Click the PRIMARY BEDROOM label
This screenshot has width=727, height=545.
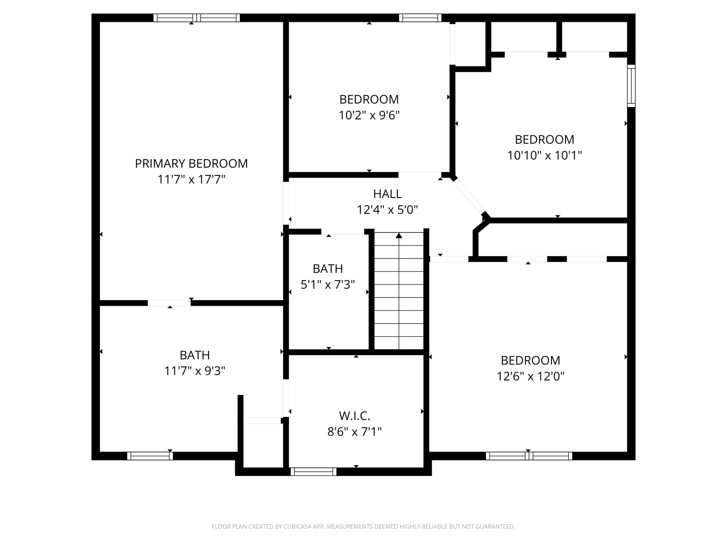tap(191, 163)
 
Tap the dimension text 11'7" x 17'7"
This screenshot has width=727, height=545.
tap(191, 179)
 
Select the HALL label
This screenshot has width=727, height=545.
tap(387, 194)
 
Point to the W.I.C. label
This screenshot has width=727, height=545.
tap(355, 416)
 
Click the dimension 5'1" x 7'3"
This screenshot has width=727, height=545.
tap(328, 284)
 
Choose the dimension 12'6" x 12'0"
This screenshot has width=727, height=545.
tap(530, 376)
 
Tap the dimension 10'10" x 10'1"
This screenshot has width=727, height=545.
tap(545, 155)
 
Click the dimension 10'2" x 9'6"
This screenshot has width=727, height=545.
tap(369, 115)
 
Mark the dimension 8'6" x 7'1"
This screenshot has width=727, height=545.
tap(355, 432)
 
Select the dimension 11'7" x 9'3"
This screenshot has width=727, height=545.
tap(195, 371)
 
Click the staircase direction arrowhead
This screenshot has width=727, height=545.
tap(399, 235)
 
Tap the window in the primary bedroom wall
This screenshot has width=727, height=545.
tap(197, 18)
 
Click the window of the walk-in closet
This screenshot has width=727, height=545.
tap(314, 472)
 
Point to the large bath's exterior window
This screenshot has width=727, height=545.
tap(150, 456)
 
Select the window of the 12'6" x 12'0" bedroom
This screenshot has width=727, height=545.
tap(529, 456)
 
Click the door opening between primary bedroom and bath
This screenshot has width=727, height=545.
tap(169, 303)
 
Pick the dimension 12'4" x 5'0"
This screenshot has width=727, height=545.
tap(387, 209)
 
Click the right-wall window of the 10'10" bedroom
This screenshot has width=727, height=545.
tap(631, 86)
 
